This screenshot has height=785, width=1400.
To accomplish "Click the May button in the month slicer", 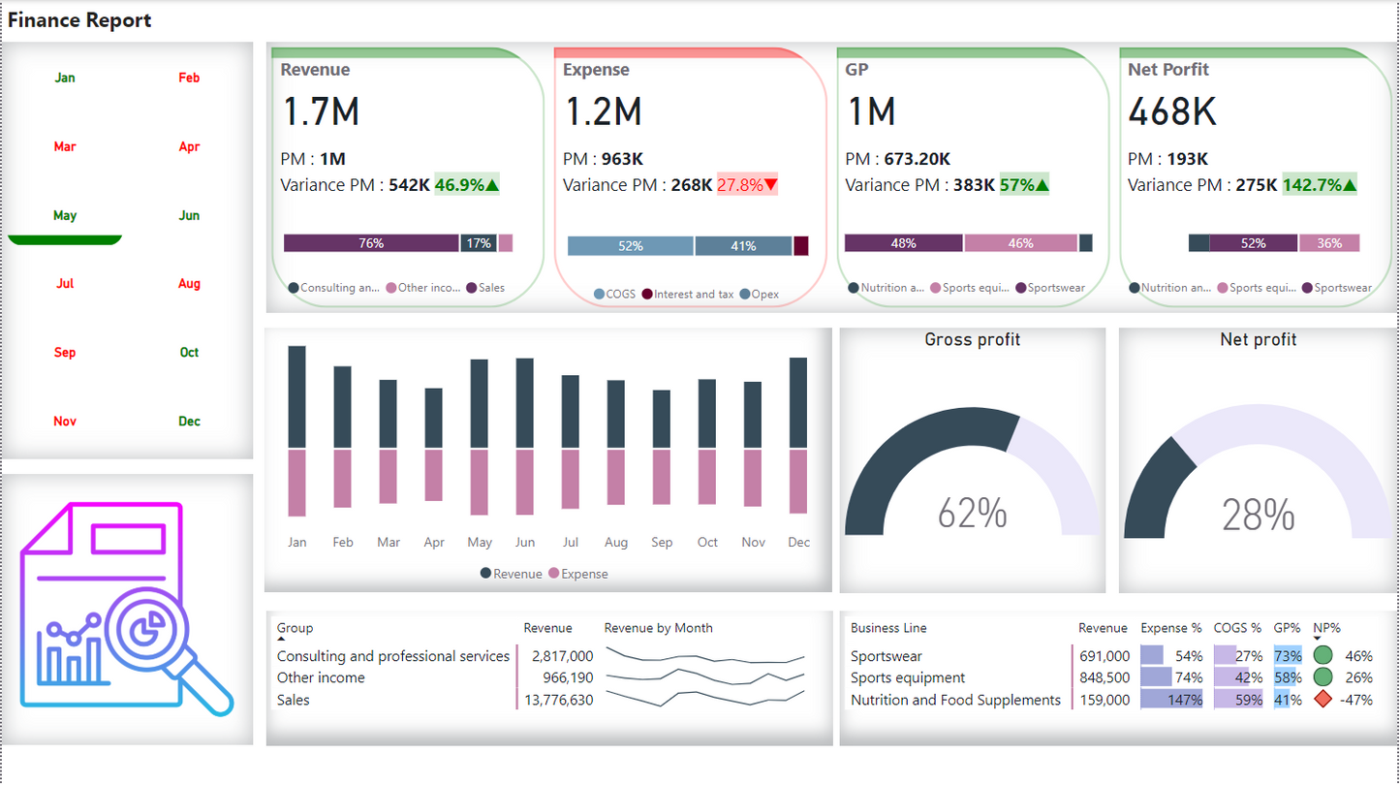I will (65, 215).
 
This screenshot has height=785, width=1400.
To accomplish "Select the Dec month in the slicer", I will (189, 421).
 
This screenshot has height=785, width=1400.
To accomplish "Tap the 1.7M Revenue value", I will (321, 112).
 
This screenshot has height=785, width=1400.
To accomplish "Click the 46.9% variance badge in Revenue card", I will (467, 185).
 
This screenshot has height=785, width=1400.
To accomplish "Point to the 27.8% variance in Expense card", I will (747, 185).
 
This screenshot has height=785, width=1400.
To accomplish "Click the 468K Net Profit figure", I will (1171, 112).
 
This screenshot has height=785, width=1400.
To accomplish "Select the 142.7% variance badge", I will (1320, 185).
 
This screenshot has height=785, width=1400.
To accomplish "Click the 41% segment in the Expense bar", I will (743, 246).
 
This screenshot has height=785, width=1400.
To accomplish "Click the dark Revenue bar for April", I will (434, 418).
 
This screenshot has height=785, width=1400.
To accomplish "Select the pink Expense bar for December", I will (798, 482).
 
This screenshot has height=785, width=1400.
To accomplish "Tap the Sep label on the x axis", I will (662, 543).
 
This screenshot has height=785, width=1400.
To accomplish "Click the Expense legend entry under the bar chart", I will (578, 574).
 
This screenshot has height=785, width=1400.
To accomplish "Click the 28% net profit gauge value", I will (1258, 516).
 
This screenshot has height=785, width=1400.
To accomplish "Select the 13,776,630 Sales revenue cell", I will (557, 700).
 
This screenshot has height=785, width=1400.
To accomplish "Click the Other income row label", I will (321, 677).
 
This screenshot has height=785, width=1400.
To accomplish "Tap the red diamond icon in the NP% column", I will (1322, 700).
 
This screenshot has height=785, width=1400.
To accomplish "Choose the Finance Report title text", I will (79, 20).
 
